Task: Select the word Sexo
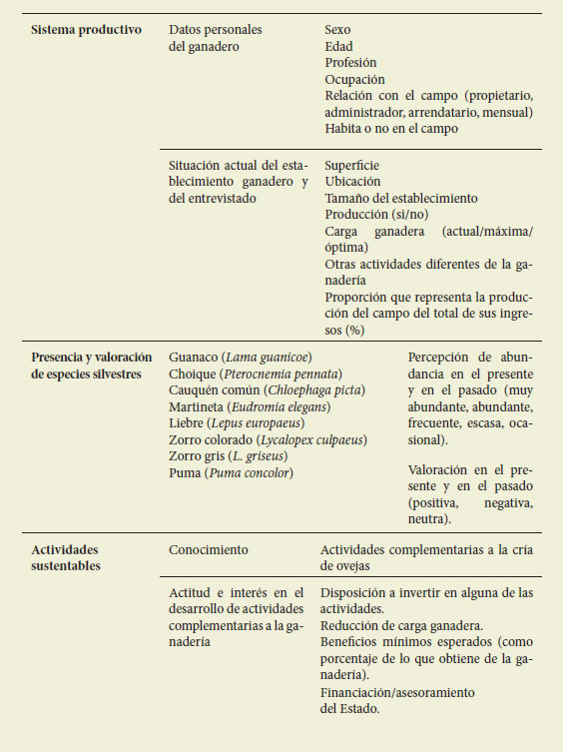click(x=339, y=30)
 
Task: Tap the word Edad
click(x=339, y=46)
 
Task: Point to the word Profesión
click(x=350, y=62)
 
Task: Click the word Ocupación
click(x=354, y=79)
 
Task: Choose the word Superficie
click(x=352, y=166)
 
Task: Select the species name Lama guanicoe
click(x=269, y=357)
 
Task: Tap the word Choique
click(x=193, y=374)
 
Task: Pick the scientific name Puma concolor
click(x=249, y=471)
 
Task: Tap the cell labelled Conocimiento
click(x=208, y=549)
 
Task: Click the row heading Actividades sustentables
click(x=66, y=557)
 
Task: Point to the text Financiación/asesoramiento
click(x=397, y=692)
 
